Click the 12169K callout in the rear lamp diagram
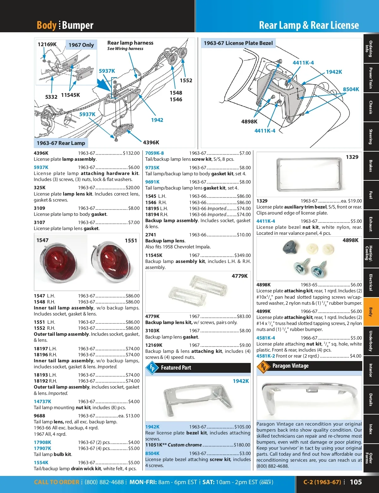[47, 44]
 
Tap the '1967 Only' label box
[81, 45]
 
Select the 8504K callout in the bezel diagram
[351, 89]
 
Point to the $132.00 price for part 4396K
[131, 153]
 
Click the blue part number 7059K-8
[154, 153]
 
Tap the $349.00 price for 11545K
[243, 255]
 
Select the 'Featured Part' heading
[176, 368]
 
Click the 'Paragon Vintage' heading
[290, 366]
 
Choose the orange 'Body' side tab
[371, 312]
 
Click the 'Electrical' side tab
[371, 283]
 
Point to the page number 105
[356, 482]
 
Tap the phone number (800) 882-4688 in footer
[104, 482]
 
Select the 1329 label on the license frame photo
[352, 157]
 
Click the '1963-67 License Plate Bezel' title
[238, 43]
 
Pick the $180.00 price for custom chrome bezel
[242, 445]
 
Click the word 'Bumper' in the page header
[78, 25]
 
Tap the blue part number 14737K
[42, 402]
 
